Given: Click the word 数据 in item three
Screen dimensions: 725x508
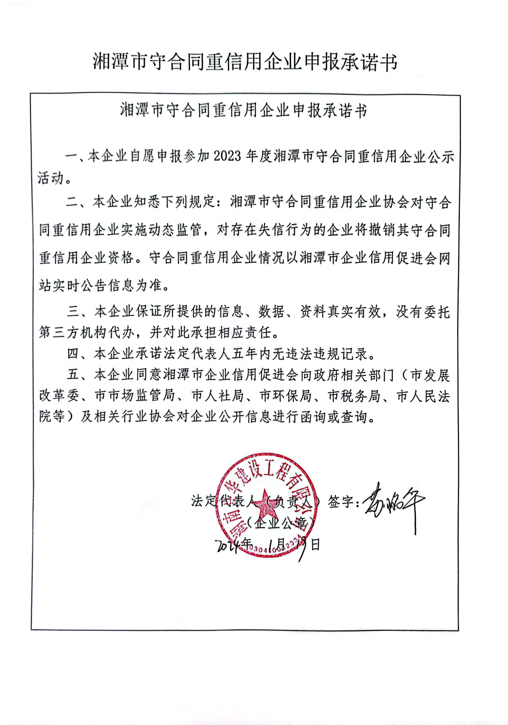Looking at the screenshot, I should click(x=271, y=312).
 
